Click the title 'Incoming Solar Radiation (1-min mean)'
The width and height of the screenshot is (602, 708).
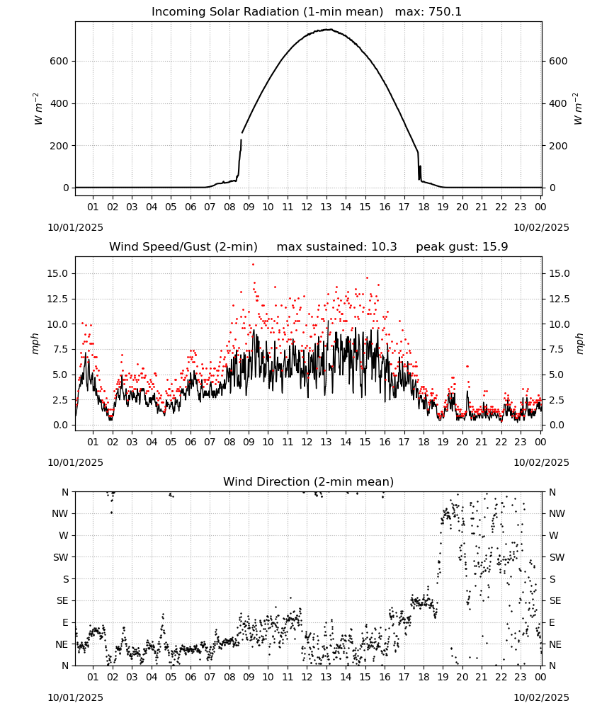267,12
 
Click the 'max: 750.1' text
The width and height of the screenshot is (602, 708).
428,12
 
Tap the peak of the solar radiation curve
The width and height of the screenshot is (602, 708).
329,29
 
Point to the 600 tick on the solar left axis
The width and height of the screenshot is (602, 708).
59,62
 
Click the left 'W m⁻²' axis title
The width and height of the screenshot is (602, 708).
38,109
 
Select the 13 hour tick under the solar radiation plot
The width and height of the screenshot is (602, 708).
326,207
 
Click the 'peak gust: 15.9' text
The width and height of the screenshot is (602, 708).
462,247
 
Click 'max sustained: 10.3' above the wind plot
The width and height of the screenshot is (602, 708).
337,247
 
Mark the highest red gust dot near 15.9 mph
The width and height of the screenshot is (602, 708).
253,265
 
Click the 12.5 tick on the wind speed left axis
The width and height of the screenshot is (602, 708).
58,299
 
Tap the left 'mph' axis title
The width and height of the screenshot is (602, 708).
35,343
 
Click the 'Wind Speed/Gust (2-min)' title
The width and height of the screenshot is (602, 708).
183,247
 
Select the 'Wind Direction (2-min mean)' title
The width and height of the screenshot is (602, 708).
309,481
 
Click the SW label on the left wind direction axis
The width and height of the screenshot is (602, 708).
61,558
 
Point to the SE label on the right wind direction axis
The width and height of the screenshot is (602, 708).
555,601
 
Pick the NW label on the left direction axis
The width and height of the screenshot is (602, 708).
60,514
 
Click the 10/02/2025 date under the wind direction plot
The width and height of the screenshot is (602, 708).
541,697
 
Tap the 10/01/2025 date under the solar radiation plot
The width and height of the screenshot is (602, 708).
75,227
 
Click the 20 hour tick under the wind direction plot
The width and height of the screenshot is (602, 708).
462,677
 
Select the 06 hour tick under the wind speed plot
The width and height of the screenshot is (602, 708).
191,442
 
